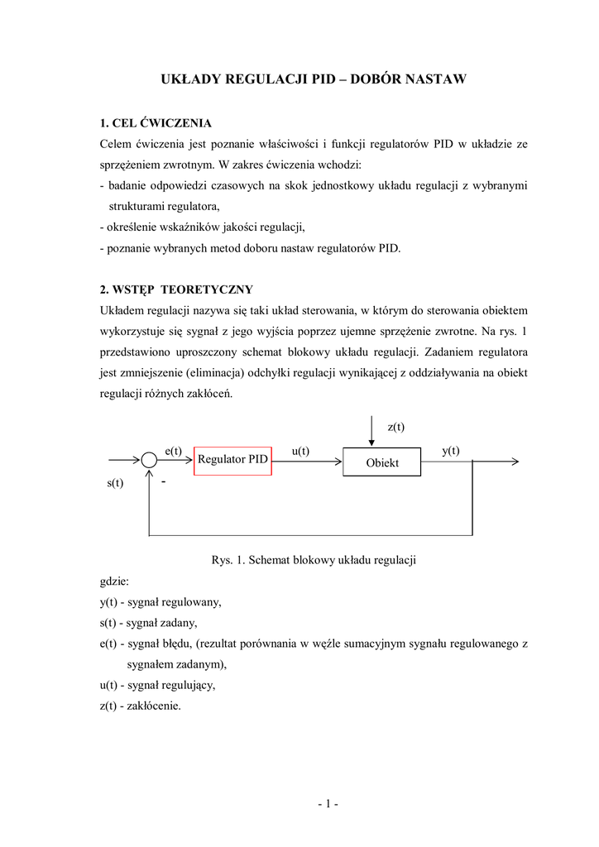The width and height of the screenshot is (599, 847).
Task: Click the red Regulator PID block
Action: (x=232, y=459)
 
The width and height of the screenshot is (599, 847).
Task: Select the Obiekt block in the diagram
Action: (x=382, y=462)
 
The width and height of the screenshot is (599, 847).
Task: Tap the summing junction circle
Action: (x=149, y=460)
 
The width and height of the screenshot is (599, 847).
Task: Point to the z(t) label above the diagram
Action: (x=396, y=427)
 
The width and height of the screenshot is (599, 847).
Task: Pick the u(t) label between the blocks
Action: (x=300, y=450)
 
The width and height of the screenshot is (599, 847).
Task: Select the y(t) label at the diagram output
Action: (x=451, y=450)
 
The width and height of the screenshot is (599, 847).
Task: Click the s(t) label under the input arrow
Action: (x=115, y=483)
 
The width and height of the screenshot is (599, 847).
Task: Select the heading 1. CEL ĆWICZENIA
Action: (x=156, y=123)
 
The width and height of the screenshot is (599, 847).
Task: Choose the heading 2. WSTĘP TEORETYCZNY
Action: (x=176, y=290)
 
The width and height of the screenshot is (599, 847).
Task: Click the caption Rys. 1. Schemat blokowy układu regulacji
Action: (x=314, y=560)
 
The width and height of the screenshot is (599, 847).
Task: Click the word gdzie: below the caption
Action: (x=114, y=581)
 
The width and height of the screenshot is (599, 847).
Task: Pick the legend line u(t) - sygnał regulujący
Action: (x=157, y=685)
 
